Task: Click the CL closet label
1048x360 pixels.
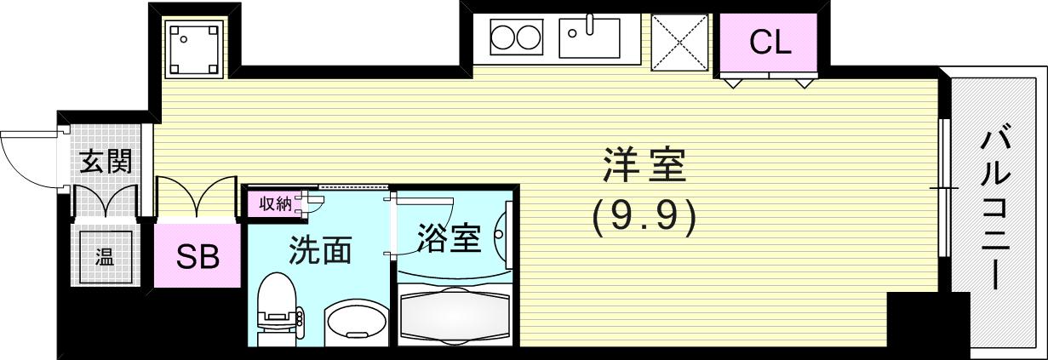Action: pos(770,42)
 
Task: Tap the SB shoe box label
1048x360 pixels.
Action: pos(198,256)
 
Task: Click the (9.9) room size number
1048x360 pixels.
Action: pos(644,216)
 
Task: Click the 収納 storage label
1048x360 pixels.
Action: pos(275,203)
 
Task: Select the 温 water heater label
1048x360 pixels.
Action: pos(105,256)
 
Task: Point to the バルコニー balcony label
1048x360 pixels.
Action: pos(995,209)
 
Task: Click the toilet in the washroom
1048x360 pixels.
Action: pos(278,311)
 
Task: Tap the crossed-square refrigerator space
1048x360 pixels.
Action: pos(679,42)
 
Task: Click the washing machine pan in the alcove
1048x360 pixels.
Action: pos(193,48)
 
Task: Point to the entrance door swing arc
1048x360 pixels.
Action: pos(30,157)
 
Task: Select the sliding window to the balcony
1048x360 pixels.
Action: pos(943,187)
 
